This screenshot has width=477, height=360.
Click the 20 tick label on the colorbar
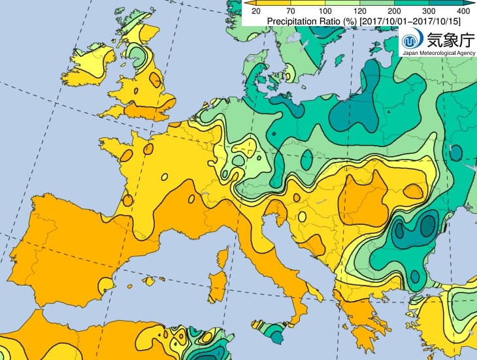pyautogui.click(x=256, y=11)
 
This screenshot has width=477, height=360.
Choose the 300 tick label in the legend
pyautogui.click(x=429, y=11)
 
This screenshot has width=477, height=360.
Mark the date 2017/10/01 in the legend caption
pyautogui.click(x=378, y=21)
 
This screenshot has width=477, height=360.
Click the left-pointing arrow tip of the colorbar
pyautogui.click(x=246, y=3)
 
